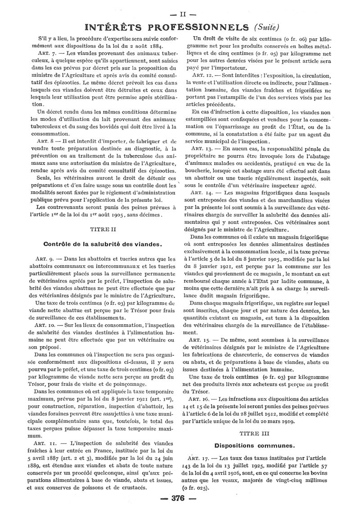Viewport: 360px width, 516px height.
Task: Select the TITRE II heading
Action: pyautogui.click(x=102, y=229)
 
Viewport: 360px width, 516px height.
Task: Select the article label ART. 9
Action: pyautogui.click(x=44, y=259)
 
